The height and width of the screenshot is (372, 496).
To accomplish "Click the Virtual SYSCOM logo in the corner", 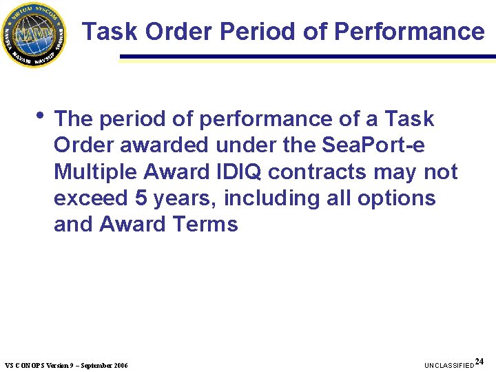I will click(34, 34).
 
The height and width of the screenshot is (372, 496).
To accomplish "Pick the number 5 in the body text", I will click(141, 198).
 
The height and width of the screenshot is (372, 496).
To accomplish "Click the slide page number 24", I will click(479, 361).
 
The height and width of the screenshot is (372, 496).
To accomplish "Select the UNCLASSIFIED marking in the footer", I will click(449, 364).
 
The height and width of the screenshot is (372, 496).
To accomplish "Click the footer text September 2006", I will click(104, 364).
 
